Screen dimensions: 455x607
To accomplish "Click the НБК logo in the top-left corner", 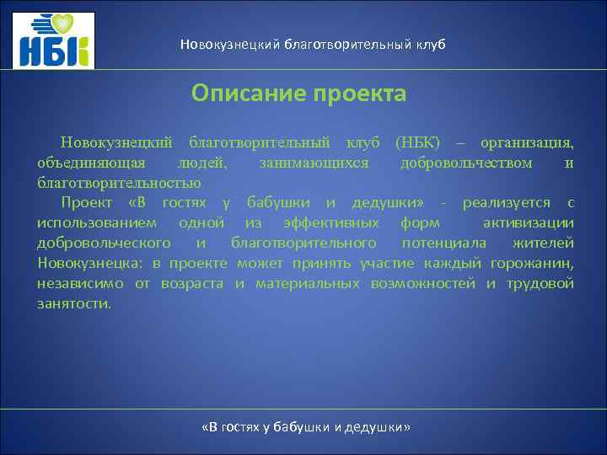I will pos(55,40).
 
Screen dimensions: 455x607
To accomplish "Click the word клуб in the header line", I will pos(427,44).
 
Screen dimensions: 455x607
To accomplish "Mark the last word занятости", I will pos(73,303).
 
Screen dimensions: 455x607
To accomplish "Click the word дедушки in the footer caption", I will pos(377,427).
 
